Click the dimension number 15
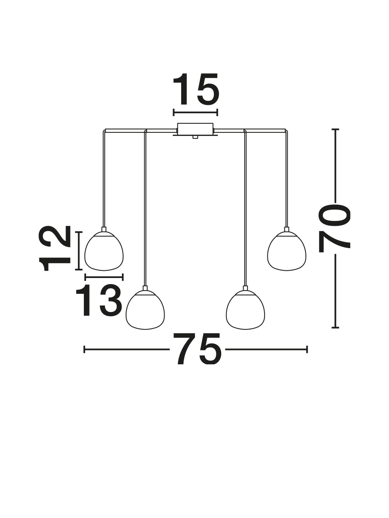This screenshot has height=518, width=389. tap(196, 89)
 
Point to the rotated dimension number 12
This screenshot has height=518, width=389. tap(55, 248)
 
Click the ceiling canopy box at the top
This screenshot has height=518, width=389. tap(195, 129)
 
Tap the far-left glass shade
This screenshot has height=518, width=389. tap(104, 251)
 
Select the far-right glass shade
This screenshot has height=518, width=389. tap(287, 251)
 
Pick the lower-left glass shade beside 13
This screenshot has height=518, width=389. tap(145, 310)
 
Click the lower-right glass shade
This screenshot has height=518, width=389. tap(246, 310)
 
